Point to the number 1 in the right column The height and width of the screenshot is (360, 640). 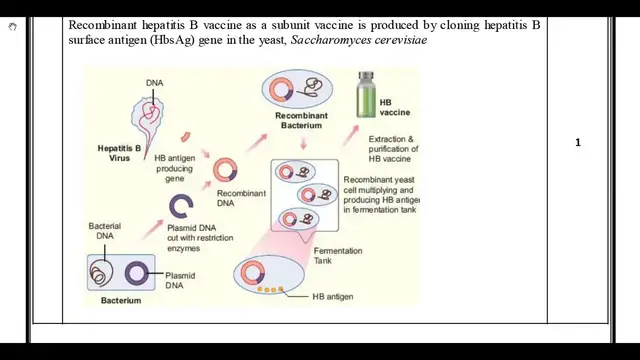578,143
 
